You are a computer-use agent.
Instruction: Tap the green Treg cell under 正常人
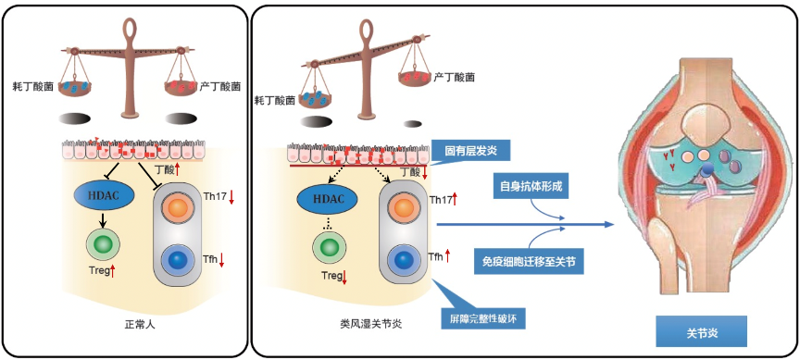104,244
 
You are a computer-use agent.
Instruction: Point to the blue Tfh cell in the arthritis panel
404,259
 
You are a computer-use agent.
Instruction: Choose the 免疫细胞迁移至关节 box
528,262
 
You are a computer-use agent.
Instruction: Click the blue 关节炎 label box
702,333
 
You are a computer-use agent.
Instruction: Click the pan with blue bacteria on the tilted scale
314,101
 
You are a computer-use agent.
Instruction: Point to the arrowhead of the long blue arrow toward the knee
608,224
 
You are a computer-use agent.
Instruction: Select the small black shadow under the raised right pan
413,124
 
